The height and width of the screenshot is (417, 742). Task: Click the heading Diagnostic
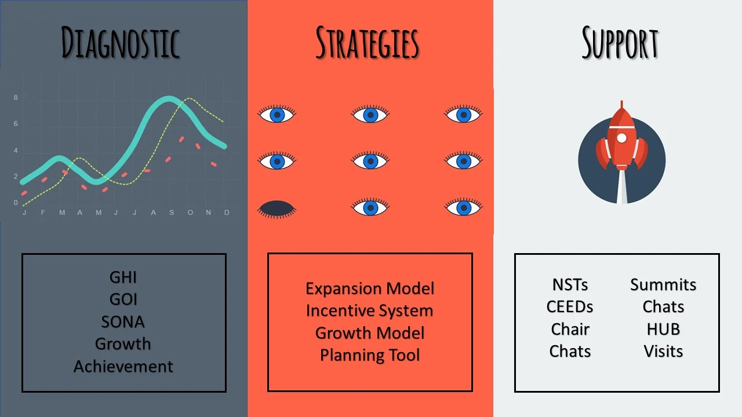tap(121, 43)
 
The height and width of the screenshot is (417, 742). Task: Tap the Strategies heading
tap(368, 43)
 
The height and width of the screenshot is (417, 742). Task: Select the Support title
tap(620, 43)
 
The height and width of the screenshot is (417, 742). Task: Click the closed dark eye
tap(277, 209)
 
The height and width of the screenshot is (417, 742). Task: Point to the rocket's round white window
tap(622, 138)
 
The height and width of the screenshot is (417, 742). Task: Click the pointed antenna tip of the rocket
tap(622, 101)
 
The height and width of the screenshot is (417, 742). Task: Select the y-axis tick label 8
tap(16, 98)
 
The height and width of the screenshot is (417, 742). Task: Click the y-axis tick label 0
tap(16, 203)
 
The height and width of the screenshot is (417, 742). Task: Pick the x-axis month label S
tap(172, 213)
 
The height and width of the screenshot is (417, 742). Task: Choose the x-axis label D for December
tap(227, 213)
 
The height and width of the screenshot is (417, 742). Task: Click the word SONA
tap(123, 321)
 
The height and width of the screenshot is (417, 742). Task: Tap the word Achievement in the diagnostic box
tap(123, 367)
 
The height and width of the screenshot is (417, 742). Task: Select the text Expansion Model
tap(370, 288)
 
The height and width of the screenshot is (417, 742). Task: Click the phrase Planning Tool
tap(370, 355)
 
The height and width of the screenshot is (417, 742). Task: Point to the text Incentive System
tap(370, 311)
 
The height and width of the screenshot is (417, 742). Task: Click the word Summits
tap(663, 284)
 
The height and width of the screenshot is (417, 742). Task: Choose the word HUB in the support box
tap(663, 330)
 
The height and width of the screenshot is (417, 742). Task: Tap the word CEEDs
tap(570, 307)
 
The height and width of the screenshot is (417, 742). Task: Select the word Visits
tap(663, 351)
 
